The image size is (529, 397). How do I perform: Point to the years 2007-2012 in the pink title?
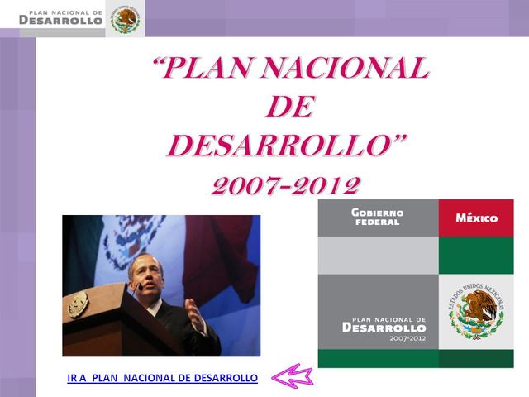(x=286, y=184)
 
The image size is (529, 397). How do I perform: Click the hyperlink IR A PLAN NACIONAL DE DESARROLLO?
(x=163, y=378)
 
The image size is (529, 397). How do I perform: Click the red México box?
(x=476, y=218)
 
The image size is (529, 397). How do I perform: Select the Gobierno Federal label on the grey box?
(x=377, y=218)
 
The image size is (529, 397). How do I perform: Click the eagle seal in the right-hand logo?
(x=477, y=311)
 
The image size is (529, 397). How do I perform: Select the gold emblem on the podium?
(x=78, y=304)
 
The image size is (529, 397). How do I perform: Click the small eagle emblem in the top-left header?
(x=126, y=19)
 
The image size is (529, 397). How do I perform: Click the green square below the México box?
(x=476, y=255)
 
